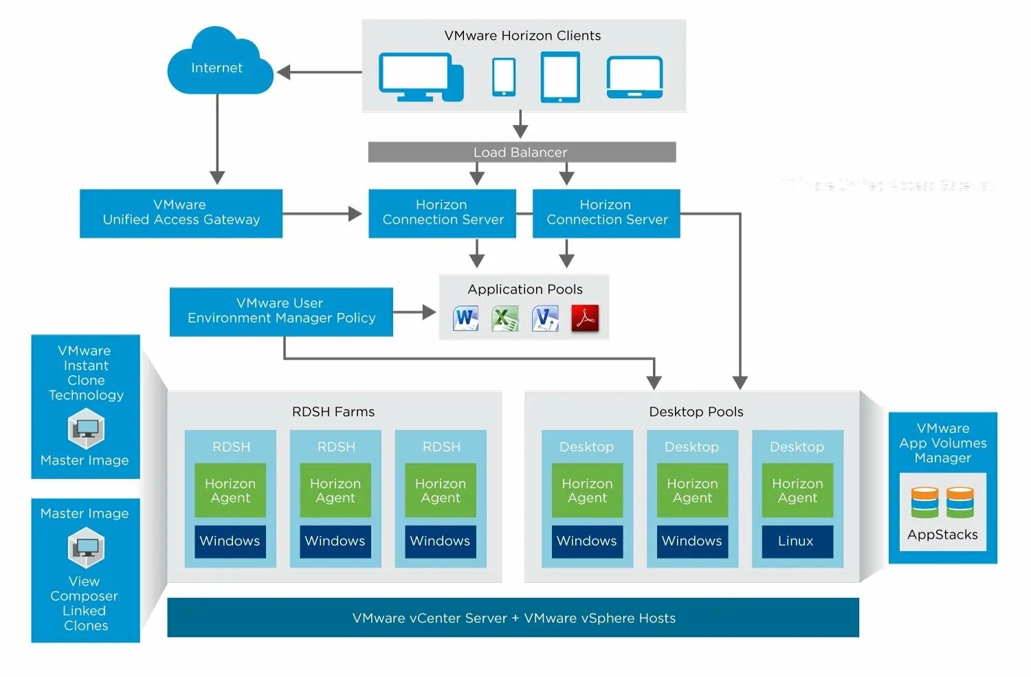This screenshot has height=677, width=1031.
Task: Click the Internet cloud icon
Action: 219,65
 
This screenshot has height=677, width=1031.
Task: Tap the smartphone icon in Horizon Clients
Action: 503,76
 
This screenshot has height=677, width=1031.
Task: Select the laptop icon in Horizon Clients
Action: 634,77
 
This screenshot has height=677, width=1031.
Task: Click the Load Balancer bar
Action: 522,152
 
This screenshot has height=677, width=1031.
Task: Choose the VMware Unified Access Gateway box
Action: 181,213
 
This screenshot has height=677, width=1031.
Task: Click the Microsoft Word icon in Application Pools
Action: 466,318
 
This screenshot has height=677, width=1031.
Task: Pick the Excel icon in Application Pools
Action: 505,318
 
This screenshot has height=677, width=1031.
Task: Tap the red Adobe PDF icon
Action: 585,318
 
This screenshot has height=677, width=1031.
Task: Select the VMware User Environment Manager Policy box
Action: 281,311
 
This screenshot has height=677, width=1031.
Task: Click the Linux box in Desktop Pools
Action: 797,542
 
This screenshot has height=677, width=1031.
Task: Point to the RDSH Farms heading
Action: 333,412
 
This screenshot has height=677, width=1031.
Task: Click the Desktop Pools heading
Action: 696,412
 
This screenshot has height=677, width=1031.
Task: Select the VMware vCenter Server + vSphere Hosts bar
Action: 513,618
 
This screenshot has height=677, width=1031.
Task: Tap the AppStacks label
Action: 942,535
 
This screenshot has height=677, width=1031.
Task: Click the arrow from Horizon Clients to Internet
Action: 319,72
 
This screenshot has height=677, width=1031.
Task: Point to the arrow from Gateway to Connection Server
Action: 322,214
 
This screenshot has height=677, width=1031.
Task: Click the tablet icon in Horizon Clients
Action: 560,77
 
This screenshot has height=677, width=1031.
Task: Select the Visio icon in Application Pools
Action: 545,318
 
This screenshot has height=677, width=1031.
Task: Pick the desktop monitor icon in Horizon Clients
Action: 419,77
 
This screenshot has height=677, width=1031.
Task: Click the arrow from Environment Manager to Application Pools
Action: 414,312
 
